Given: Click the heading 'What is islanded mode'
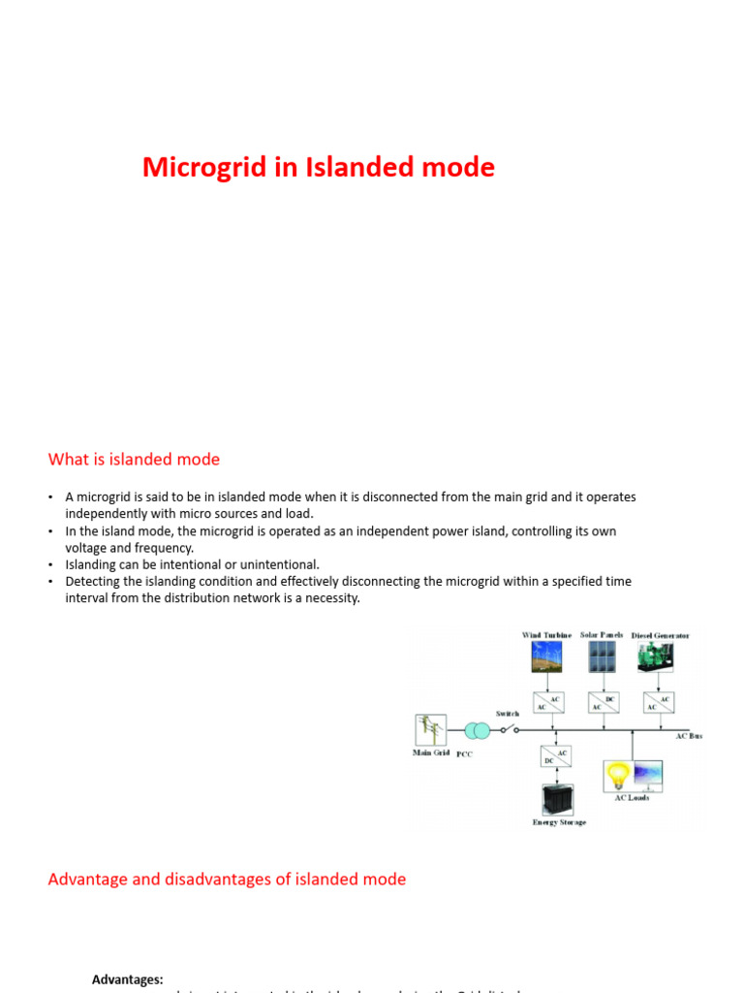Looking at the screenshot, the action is pyautogui.click(x=134, y=460).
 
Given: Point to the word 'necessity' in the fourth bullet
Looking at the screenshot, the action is pyautogui.click(x=329, y=598).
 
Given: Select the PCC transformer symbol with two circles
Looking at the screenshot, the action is pyautogui.click(x=477, y=730).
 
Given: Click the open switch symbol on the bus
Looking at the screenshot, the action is pyautogui.click(x=510, y=728).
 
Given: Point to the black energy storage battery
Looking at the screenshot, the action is pyautogui.click(x=558, y=799).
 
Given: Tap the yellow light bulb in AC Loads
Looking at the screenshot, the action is pyautogui.click(x=617, y=776).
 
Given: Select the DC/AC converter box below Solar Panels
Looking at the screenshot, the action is pyautogui.click(x=602, y=702).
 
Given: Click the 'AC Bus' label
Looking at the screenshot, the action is pyautogui.click(x=689, y=736).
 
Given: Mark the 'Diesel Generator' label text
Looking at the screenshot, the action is pyautogui.click(x=661, y=636).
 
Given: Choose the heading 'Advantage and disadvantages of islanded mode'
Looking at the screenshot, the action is pyautogui.click(x=227, y=880).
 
